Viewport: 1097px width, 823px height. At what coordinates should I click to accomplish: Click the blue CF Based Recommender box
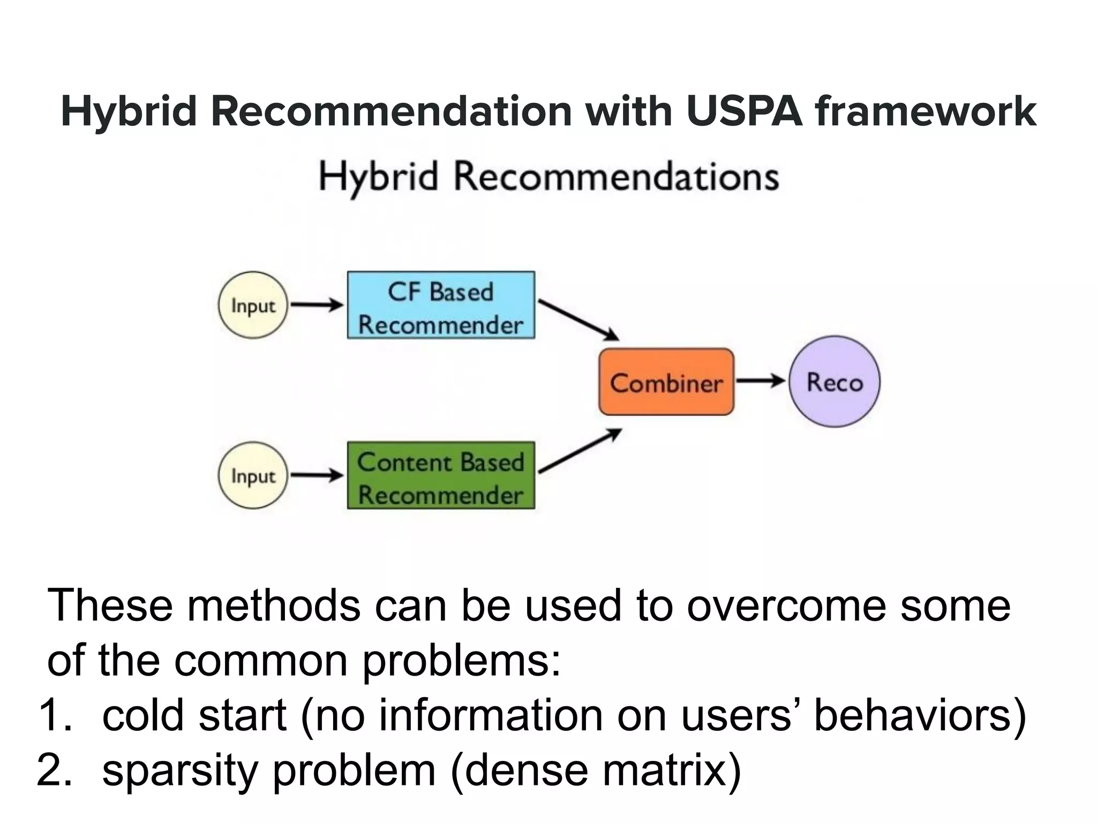[x=441, y=305]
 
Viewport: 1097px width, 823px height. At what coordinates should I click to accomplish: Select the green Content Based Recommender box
[x=441, y=475]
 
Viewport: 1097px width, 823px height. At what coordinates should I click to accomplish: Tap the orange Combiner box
[x=666, y=382]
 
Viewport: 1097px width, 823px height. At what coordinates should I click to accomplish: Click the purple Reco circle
[x=835, y=381]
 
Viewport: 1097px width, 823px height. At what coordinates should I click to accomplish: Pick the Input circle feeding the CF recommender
[x=253, y=305]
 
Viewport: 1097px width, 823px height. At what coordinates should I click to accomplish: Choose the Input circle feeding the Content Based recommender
[x=253, y=475]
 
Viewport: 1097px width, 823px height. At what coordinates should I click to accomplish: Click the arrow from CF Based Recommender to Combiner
[x=578, y=320]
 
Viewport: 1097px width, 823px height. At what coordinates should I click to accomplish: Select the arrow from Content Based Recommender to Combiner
[x=580, y=451]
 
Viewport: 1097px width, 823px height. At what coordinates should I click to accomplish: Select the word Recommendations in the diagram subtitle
[x=616, y=177]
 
